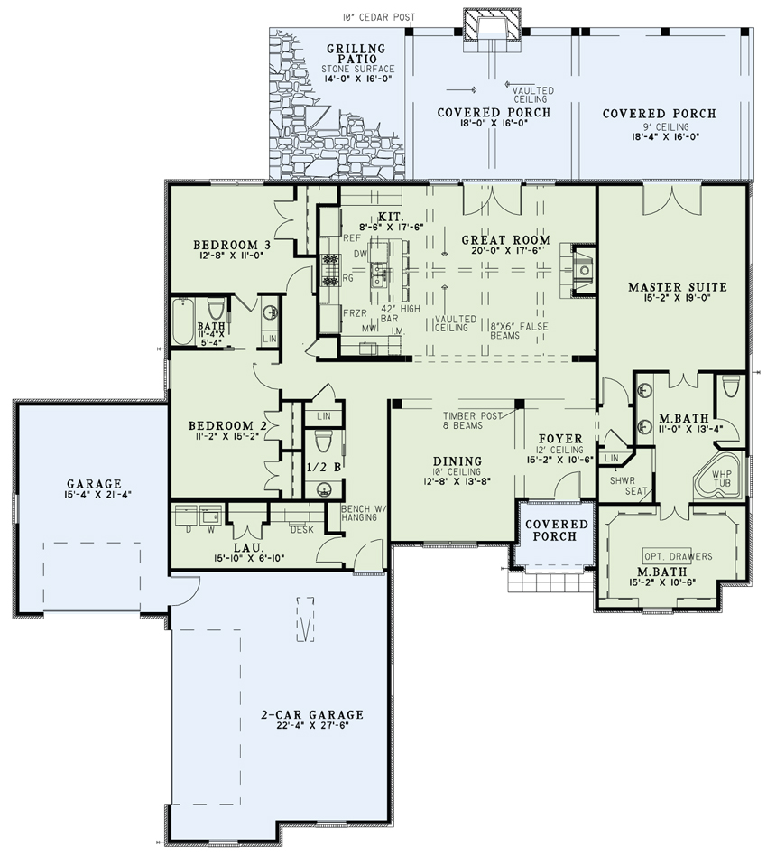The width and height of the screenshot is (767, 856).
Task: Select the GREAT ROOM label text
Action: [505, 240]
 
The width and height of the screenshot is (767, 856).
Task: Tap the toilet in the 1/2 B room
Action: [325, 442]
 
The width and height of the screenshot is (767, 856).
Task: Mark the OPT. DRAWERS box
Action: [677, 555]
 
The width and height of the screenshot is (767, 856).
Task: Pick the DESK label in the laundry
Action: [301, 529]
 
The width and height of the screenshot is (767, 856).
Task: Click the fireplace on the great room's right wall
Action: [580, 268]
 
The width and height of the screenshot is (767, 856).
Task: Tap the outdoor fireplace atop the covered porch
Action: [492, 24]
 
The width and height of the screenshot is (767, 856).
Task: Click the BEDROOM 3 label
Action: [232, 245]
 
